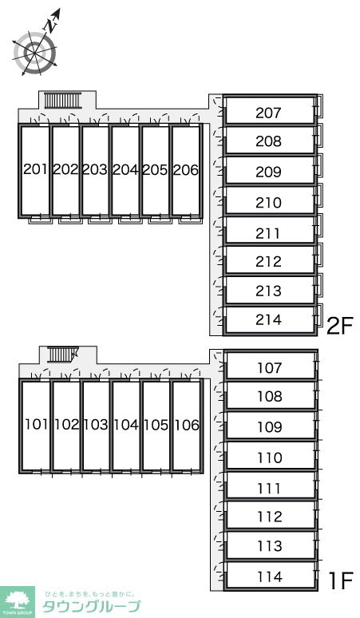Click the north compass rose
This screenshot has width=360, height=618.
point(34,52)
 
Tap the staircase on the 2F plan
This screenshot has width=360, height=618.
point(62,100)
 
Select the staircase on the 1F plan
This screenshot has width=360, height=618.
point(62,355)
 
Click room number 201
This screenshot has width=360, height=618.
point(35,169)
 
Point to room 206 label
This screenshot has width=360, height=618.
point(186,170)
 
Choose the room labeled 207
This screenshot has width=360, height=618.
point(269,113)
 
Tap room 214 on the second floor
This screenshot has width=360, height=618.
point(269,319)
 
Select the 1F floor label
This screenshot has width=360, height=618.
point(340,580)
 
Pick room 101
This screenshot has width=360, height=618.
point(36,425)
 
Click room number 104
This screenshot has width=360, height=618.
point(126,425)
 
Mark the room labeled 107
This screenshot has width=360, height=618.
point(270,368)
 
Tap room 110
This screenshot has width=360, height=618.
point(270,458)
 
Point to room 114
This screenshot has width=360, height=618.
point(270,577)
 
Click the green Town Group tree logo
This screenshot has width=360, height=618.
point(18,602)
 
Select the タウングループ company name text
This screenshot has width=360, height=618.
point(91,606)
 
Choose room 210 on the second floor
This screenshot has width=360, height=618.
point(269,203)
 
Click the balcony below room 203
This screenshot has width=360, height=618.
point(100,220)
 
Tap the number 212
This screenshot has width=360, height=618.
point(269,261)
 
